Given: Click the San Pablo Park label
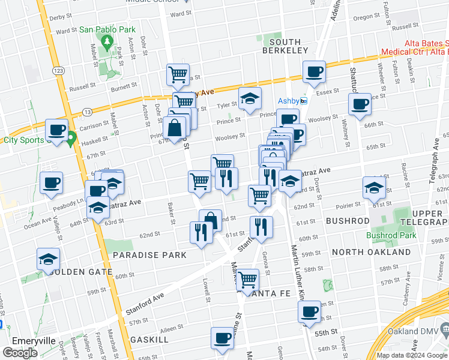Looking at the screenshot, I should click(107, 29).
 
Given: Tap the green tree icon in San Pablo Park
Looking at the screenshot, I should click(107, 41).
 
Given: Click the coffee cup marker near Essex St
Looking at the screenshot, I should click(313, 73).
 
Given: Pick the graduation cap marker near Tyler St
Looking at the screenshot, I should click(250, 100).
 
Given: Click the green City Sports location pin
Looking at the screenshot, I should click(71, 140).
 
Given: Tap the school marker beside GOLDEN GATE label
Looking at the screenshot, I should click(47, 260).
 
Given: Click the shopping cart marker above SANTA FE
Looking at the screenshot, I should click(247, 279).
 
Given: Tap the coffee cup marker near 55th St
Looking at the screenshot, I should click(310, 312).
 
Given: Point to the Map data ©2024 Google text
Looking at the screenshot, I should click(412, 355).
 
